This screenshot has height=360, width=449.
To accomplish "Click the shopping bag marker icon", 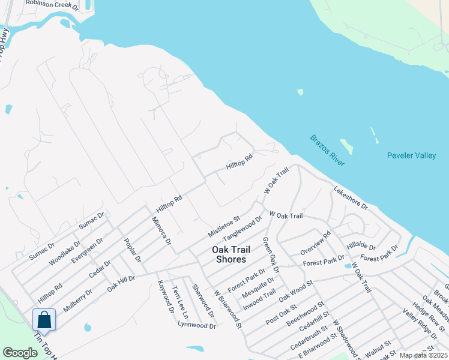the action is pos(44,319).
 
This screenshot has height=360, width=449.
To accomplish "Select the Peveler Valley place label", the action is pos(411,156).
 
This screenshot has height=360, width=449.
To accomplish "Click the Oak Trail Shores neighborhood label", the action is pos(229,254).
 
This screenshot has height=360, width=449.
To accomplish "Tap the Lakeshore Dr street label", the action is pos(351,197).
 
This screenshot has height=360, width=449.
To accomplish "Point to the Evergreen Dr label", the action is pos(87,250).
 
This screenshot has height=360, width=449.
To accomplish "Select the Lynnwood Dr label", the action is pos(196,325).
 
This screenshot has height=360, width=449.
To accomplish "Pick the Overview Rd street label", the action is pos(316,243).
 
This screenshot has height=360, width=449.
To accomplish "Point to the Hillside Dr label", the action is pos(361,247).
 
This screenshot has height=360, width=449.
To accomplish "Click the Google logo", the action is pos(20,353).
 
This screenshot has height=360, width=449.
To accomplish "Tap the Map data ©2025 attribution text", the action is pos(423,355).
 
